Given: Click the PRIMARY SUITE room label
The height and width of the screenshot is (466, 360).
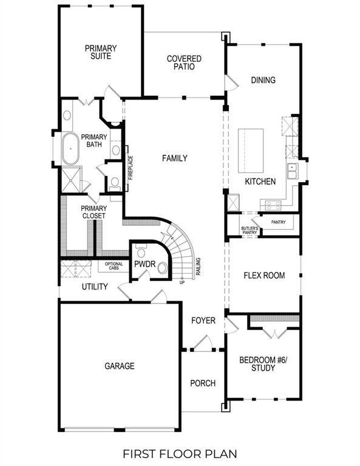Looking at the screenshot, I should click(101, 52).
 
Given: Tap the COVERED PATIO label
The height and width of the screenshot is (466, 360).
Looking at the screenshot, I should click(184, 62).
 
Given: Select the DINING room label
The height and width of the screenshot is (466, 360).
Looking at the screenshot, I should click(263, 80).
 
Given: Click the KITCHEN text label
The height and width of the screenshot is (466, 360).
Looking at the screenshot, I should click(260, 181).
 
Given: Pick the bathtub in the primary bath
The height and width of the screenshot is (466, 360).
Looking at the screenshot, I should click(69, 148).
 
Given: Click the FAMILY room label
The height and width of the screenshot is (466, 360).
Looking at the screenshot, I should click(174, 158).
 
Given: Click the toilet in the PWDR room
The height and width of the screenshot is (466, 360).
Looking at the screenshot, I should click(141, 251).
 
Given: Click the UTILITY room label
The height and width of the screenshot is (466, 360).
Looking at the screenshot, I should click(95, 286).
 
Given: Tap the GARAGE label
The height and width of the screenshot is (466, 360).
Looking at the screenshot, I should click(119, 366).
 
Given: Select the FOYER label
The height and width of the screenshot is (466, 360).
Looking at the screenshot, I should click(203, 320).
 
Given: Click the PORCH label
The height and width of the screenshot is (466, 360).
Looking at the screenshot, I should click(203, 383).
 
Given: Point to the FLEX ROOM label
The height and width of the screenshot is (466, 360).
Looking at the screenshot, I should click(264, 275).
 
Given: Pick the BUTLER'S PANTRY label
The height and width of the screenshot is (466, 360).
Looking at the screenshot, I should click(250, 230).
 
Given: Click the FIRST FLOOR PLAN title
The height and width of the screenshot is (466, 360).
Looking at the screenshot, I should click(180, 453).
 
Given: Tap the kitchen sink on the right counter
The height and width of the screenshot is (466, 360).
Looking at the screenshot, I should click(293, 171).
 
